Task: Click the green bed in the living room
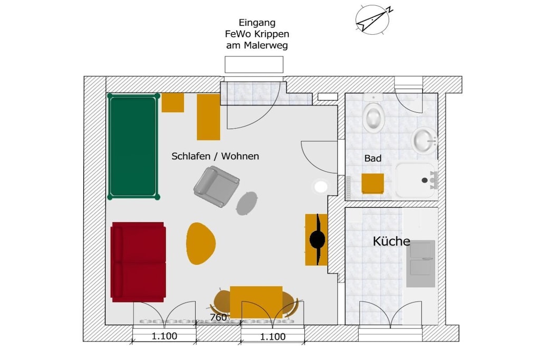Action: click(x=133, y=147)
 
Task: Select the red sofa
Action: click(x=139, y=262)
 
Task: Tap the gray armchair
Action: click(x=216, y=186)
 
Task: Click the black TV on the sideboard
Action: click(x=318, y=239)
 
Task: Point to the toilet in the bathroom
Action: click(x=373, y=113)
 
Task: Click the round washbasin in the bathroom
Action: click(x=425, y=140)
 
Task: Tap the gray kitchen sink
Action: click(x=420, y=264)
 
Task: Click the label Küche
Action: click(x=391, y=241)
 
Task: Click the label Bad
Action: click(x=373, y=158)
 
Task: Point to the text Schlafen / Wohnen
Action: click(x=215, y=156)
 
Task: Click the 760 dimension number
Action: click(x=218, y=317)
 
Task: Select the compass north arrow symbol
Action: click(x=373, y=20)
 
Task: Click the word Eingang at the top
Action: click(x=257, y=23)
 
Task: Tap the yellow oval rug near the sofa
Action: click(x=201, y=244)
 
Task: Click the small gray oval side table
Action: click(x=247, y=203)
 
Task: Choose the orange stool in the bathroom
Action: click(x=373, y=183)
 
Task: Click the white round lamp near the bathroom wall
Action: click(x=321, y=187)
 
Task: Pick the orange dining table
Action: click(x=256, y=302)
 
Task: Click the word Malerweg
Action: click(x=266, y=45)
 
